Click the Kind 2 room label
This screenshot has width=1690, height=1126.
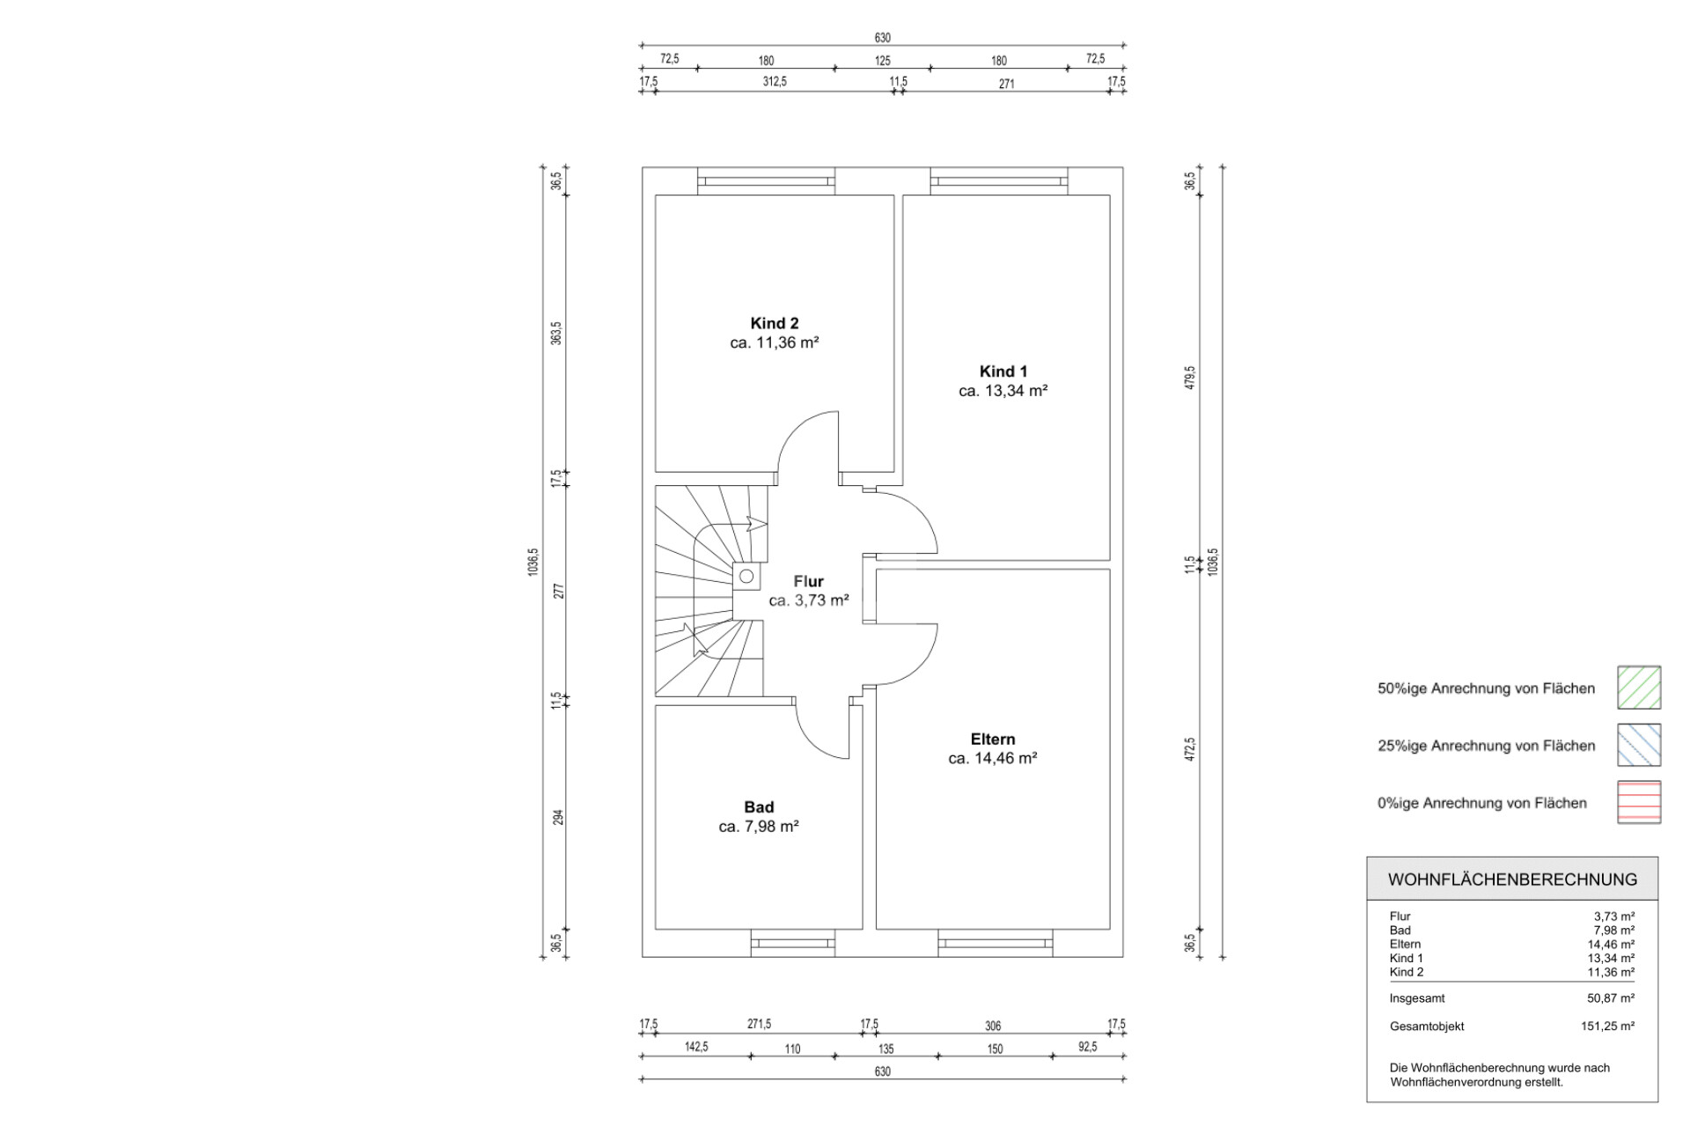click(x=775, y=323)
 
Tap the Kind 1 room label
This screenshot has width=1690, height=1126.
click(x=1003, y=372)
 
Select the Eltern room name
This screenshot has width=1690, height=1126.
click(x=993, y=740)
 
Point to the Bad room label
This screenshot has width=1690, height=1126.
click(x=759, y=807)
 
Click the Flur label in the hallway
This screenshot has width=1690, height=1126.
click(x=809, y=581)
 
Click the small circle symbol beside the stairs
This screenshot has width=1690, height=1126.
click(x=746, y=577)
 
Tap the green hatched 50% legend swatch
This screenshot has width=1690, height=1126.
click(x=1639, y=688)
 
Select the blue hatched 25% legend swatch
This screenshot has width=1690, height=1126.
click(x=1639, y=745)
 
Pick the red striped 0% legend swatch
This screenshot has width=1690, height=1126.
click(x=1639, y=802)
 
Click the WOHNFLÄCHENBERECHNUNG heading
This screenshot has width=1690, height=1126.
click(x=1512, y=879)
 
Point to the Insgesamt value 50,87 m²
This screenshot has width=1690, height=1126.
click(x=1611, y=998)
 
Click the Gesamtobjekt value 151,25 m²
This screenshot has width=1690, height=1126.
click(x=1608, y=1026)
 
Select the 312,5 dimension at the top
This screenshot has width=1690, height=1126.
click(x=775, y=82)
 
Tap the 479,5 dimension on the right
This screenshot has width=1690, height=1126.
click(x=1190, y=377)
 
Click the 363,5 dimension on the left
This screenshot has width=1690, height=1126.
click(x=556, y=333)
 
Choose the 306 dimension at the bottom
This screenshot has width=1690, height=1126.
click(x=993, y=1026)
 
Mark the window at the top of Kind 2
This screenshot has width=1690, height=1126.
click(x=766, y=181)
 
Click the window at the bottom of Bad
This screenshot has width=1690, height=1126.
click(x=792, y=943)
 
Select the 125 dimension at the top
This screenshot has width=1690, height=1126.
click(x=883, y=61)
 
